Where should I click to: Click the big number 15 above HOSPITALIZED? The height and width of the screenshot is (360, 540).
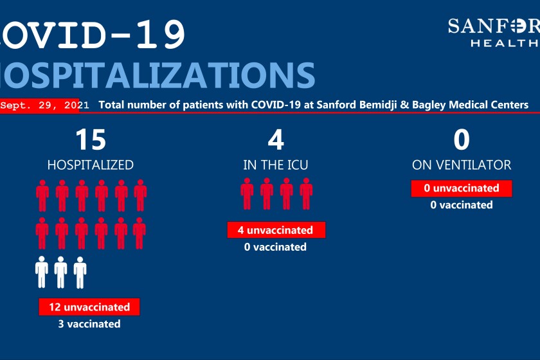[x=91, y=139]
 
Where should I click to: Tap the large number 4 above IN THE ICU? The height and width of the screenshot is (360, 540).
[x=276, y=139]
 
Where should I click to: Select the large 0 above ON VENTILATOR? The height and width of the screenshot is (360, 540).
[x=462, y=139]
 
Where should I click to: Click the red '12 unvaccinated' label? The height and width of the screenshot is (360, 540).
[x=89, y=307]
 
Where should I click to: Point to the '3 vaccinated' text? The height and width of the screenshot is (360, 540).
[x=89, y=324]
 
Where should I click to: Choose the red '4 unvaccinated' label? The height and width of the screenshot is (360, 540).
[x=276, y=230]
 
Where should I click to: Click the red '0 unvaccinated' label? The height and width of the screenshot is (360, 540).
[x=462, y=188]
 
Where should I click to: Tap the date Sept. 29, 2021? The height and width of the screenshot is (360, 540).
[x=44, y=105]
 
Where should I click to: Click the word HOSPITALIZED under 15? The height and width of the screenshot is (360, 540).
[x=90, y=165]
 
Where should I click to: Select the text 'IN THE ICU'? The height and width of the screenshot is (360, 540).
[x=276, y=165]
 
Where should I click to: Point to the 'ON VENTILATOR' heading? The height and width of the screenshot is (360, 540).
[x=462, y=165]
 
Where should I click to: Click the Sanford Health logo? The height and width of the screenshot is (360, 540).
[x=494, y=32]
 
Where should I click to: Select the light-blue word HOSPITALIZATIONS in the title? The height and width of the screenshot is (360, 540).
[x=157, y=75]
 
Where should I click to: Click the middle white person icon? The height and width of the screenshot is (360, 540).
[x=60, y=272]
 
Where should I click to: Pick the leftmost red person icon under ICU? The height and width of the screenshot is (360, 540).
[x=247, y=194]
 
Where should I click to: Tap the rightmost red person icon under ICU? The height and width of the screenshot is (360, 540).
[x=306, y=194]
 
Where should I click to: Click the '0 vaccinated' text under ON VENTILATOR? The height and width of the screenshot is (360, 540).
[x=462, y=205]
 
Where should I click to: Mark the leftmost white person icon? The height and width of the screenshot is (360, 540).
[x=42, y=272]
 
